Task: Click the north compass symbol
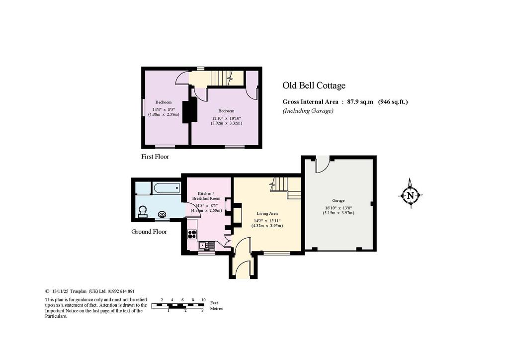point(410,195)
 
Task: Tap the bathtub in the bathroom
point(167,187)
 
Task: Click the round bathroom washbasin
point(162,214)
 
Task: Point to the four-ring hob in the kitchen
point(192,234)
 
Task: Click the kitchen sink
point(206,246)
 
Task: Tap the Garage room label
point(338,200)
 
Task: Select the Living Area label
point(267,213)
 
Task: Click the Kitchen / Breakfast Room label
point(206,196)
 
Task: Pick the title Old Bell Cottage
point(314,86)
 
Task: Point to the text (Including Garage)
point(308,111)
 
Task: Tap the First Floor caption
point(155,157)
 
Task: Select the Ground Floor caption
point(149,231)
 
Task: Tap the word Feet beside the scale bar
point(214,302)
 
